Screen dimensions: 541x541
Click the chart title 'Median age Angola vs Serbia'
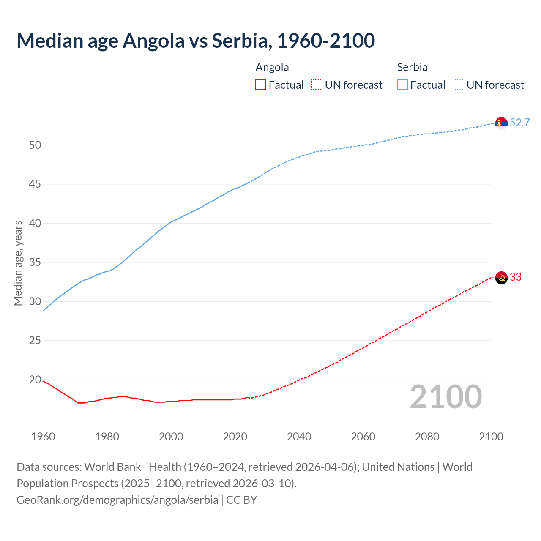(196, 41)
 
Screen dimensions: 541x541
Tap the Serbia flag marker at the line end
(501, 123)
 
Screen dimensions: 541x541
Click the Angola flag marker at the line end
(501, 278)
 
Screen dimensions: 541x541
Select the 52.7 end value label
(519, 123)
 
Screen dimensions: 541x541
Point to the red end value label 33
(516, 277)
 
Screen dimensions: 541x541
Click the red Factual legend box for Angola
(261, 85)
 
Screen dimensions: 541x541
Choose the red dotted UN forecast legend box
(317, 85)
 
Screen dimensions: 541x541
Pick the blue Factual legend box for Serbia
(403, 85)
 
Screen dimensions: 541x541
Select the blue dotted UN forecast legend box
(459, 85)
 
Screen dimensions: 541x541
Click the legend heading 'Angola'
(272, 67)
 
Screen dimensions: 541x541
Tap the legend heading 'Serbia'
(412, 67)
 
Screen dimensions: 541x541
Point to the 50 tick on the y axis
(35, 145)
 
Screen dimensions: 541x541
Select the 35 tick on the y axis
(35, 262)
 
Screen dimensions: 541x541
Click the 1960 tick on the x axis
(43, 437)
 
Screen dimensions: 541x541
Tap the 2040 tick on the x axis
(299, 437)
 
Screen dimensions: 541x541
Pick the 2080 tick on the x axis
(427, 437)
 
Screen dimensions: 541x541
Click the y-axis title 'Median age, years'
(18, 263)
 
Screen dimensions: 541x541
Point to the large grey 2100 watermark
(446, 397)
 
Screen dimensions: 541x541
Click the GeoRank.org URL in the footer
(117, 500)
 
